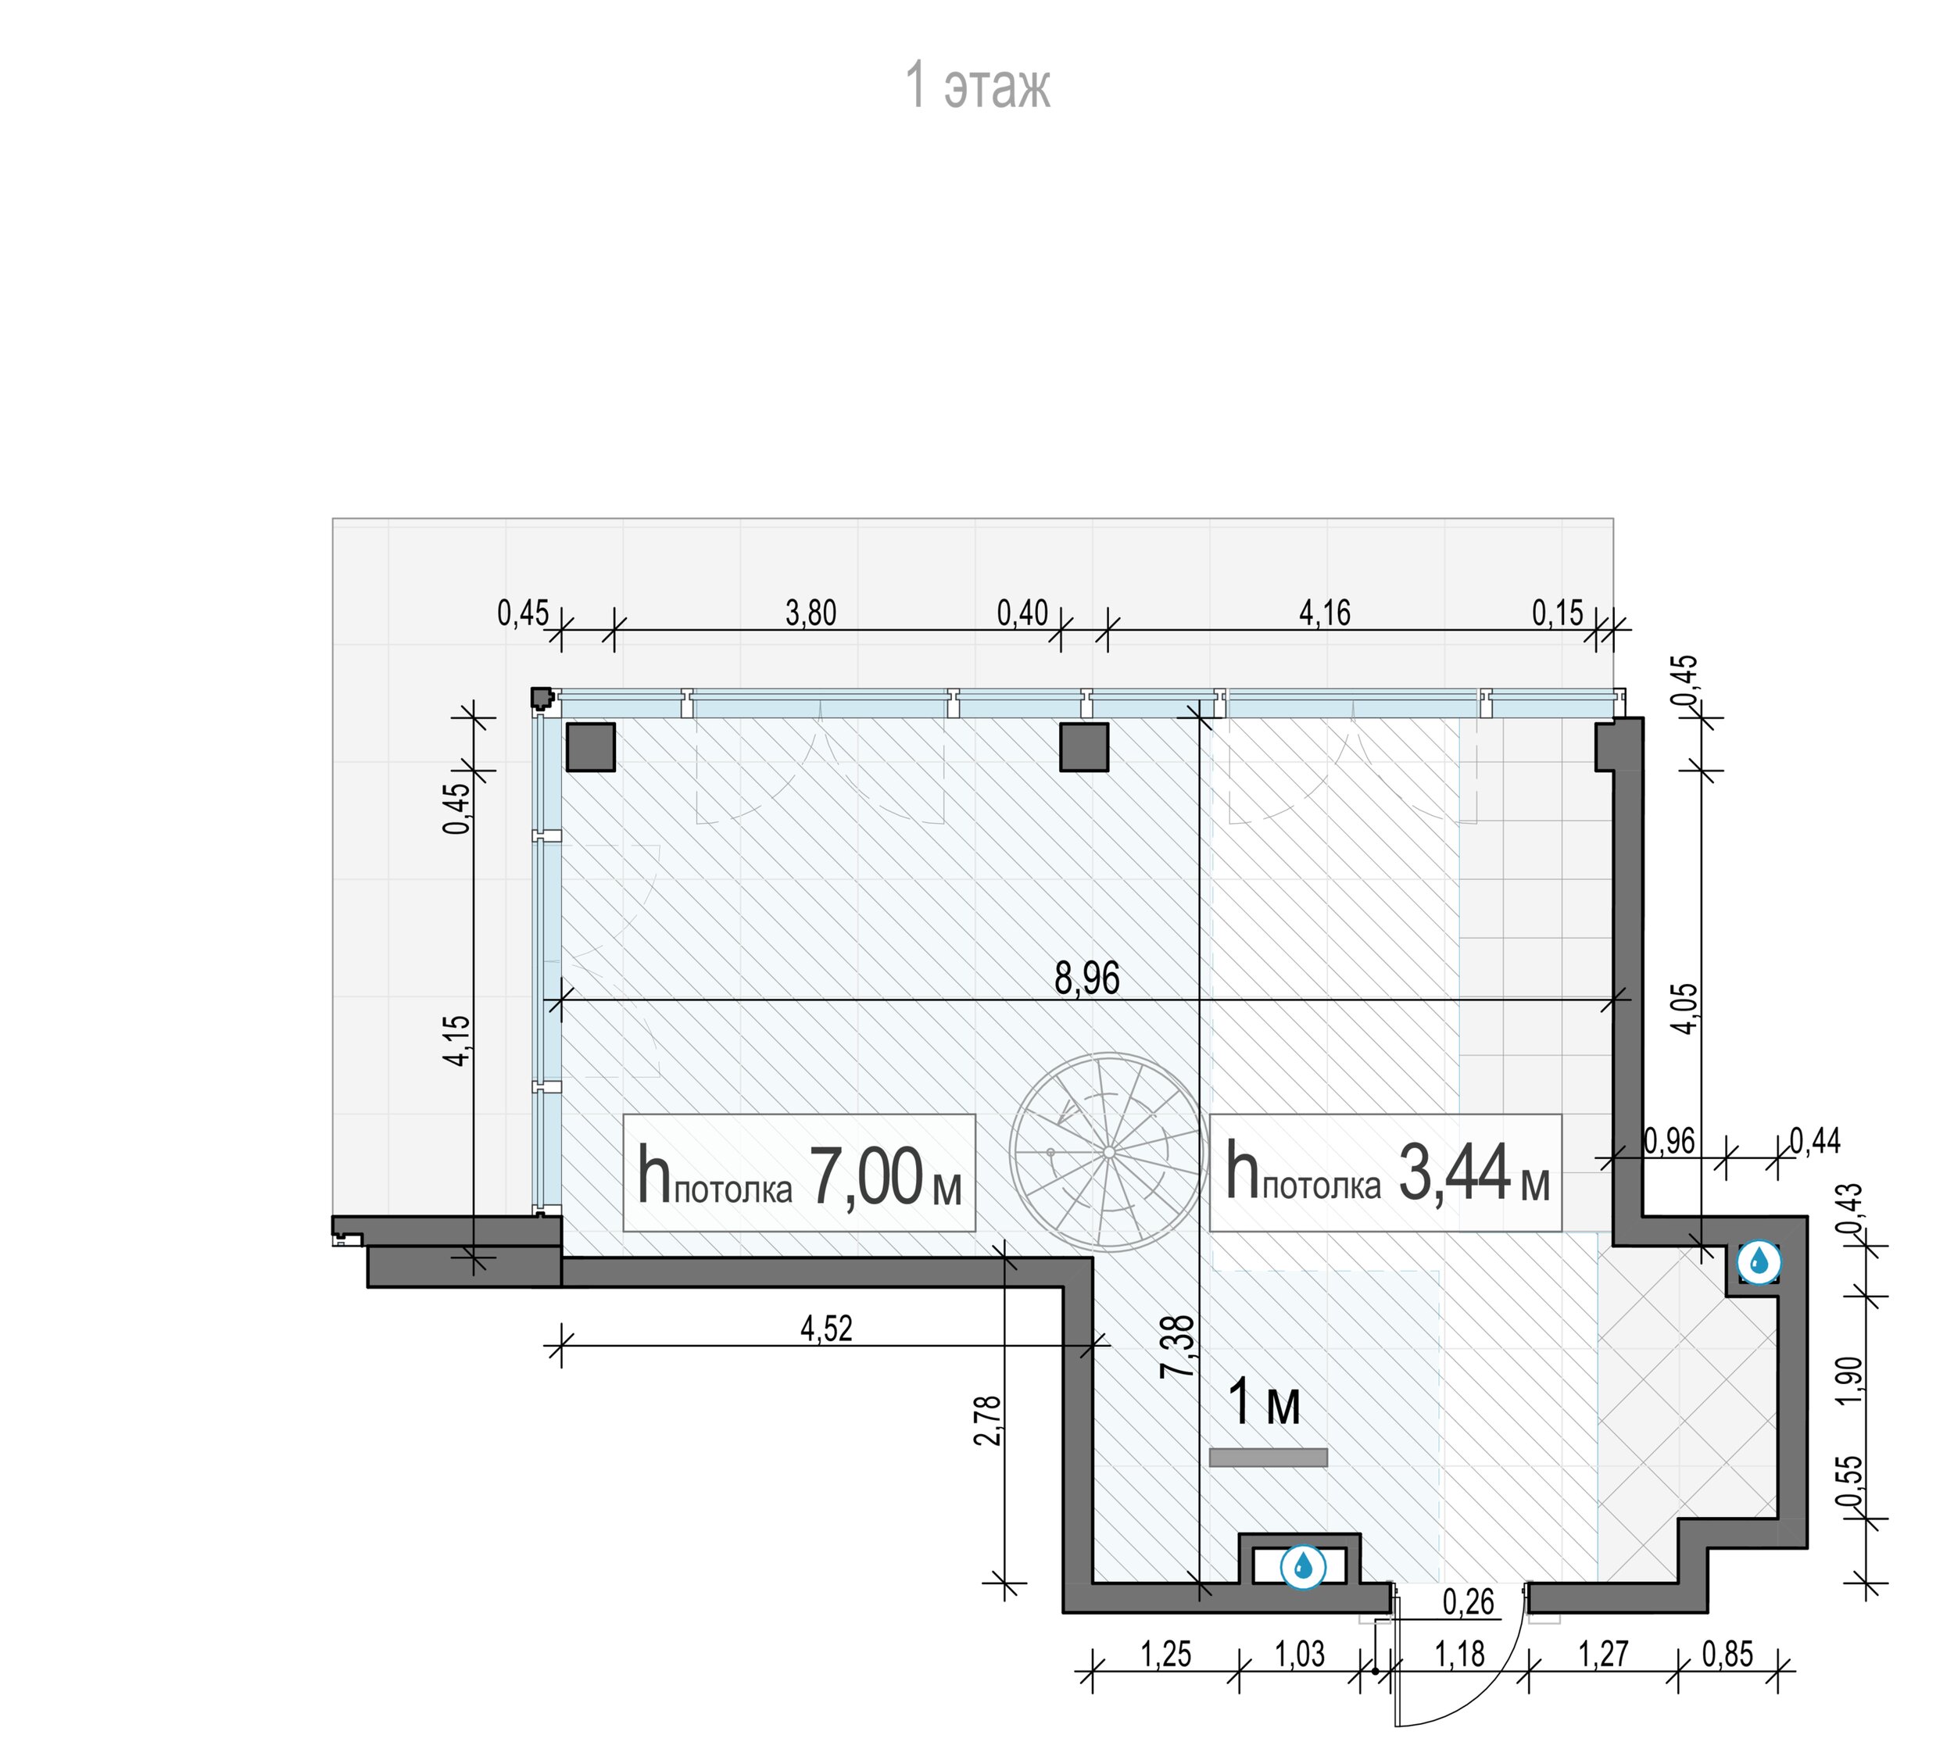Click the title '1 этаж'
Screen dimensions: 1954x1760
(x=977, y=85)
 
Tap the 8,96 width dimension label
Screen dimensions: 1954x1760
(x=1086, y=978)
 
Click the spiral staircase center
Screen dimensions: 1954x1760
(x=1108, y=1152)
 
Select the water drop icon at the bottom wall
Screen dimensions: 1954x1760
(x=1302, y=1565)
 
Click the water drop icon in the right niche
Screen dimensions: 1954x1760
(x=1759, y=1261)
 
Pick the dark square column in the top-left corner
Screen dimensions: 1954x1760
(x=590, y=746)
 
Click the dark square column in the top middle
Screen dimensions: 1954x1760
(x=1083, y=746)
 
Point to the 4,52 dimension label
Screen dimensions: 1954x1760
(x=826, y=1329)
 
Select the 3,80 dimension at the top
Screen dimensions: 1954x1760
(x=811, y=613)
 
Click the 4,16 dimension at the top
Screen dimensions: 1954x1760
(x=1324, y=613)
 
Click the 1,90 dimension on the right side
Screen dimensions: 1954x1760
(x=1848, y=1382)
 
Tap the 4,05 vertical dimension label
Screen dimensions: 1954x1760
(x=1684, y=1009)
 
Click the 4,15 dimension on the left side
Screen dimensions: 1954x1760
(x=456, y=1040)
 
